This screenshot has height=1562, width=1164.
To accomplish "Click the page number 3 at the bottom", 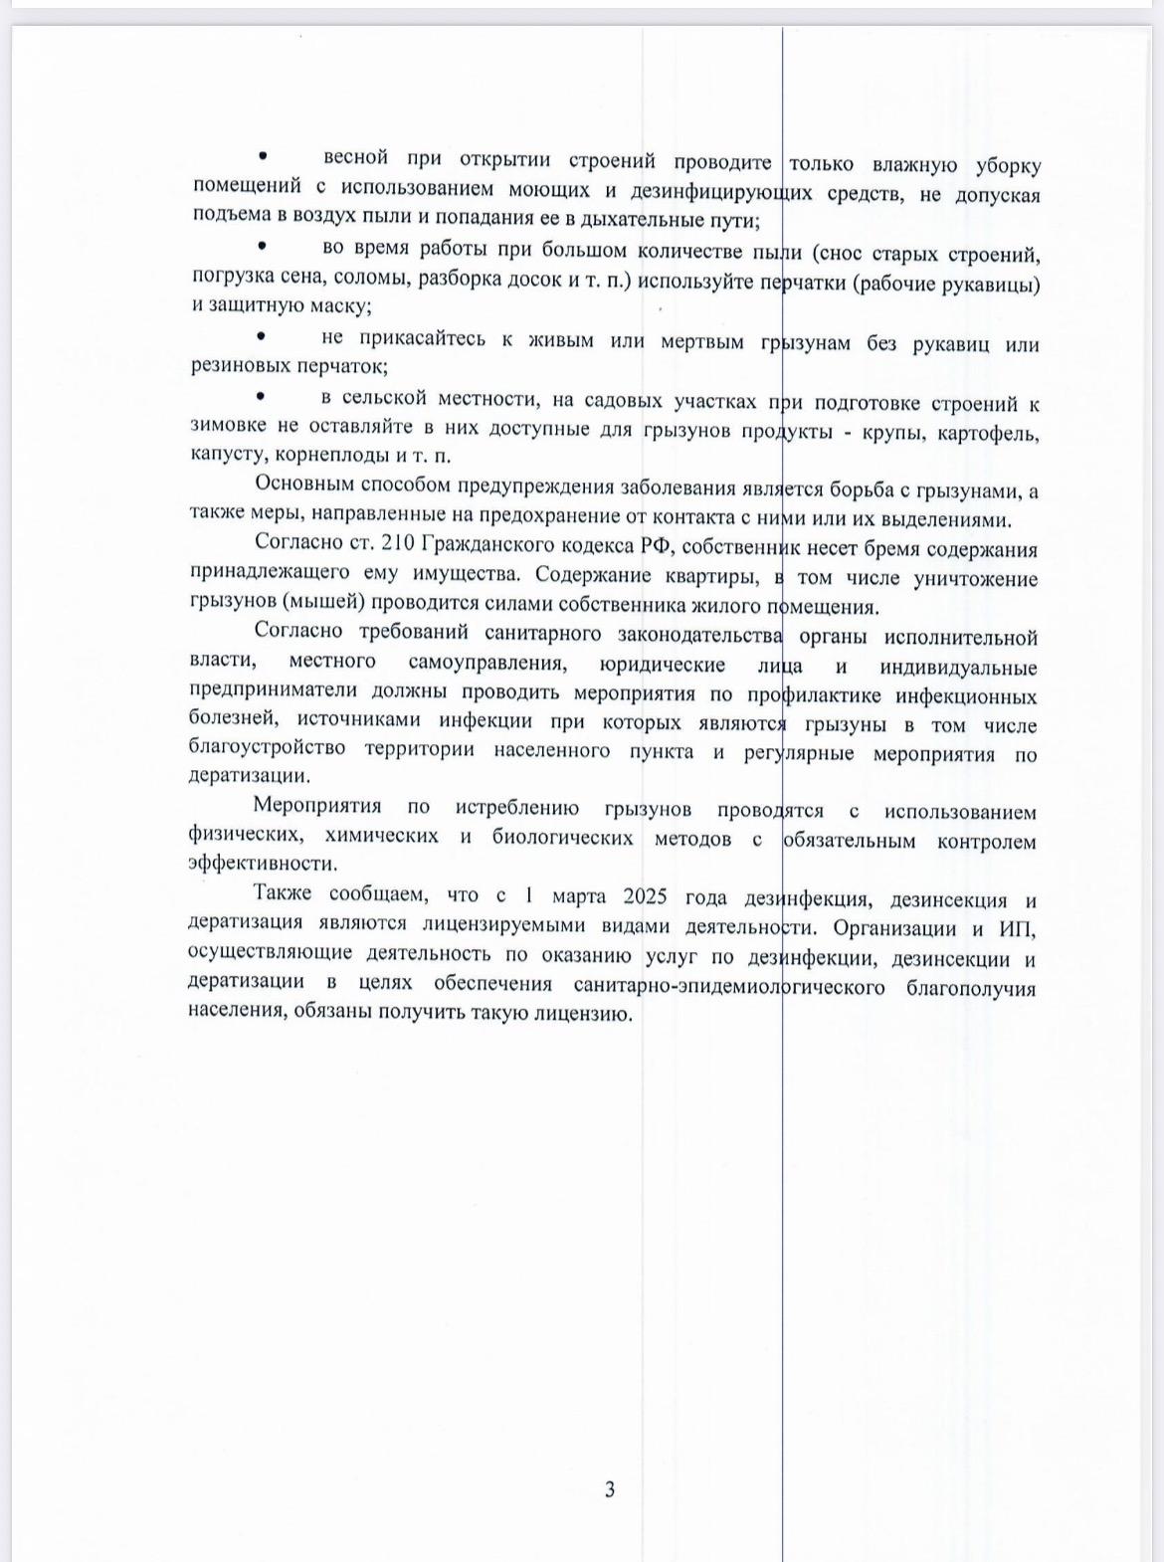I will [x=609, y=1489].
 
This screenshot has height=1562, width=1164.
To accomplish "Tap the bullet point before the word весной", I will [x=263, y=156].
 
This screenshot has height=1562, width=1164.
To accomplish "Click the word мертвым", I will [x=702, y=341].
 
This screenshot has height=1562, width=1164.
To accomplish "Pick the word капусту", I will [x=227, y=455].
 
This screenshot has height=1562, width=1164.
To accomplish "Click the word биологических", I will [x=562, y=838].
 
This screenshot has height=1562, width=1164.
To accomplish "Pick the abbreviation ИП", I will [x=1019, y=929].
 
